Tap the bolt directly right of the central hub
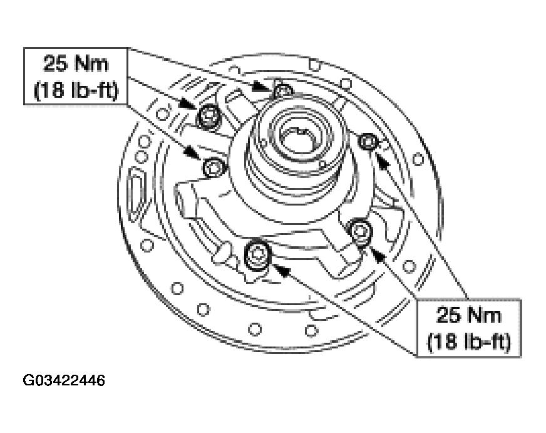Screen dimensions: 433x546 369,143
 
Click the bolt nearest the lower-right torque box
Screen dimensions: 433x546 360,230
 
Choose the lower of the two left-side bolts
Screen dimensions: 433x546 213,167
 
